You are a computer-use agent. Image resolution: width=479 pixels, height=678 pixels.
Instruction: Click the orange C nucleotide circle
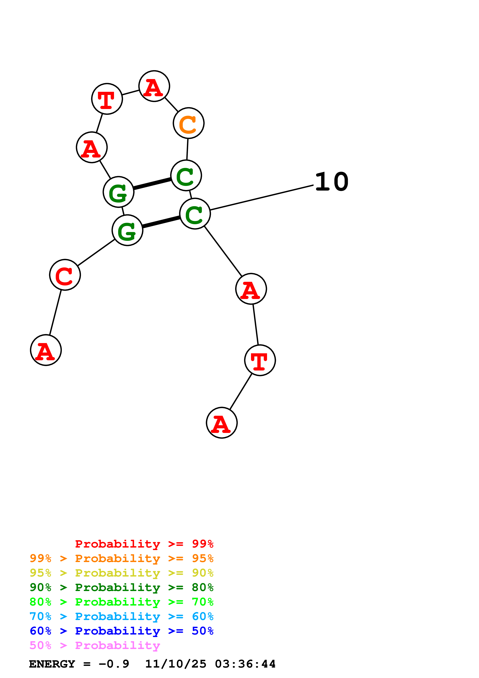pos(188,123)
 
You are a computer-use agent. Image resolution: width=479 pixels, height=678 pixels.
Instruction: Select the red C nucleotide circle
pos(65,275)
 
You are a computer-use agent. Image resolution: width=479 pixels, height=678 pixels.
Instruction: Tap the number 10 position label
pos(332,182)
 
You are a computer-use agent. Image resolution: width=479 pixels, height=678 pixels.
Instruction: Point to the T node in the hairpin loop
pos(107,99)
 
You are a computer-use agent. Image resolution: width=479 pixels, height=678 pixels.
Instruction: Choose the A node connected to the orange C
pos(154,86)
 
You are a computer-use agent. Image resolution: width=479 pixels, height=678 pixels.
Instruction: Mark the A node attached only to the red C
pos(46,350)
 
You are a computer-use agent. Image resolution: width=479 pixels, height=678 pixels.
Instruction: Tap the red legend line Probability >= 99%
pos(144,544)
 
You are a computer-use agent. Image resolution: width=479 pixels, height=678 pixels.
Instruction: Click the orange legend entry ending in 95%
pos(121,558)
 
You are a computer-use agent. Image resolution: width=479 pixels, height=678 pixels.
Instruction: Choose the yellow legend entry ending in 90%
pos(121,573)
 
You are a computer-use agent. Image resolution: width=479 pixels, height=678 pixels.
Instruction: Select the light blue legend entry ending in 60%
pos(121,616)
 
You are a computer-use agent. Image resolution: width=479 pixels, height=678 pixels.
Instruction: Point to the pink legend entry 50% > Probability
pos(94,645)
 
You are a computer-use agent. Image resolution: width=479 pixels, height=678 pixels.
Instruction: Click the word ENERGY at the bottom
pos(52,664)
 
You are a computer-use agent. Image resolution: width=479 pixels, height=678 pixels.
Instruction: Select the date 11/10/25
pos(176,664)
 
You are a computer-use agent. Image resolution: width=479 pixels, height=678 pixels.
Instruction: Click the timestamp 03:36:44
pos(245,664)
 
